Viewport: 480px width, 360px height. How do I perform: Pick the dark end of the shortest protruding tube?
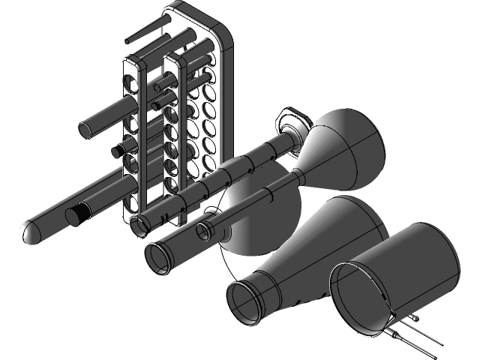[116, 152]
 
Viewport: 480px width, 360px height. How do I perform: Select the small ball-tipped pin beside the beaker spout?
[415, 319]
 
